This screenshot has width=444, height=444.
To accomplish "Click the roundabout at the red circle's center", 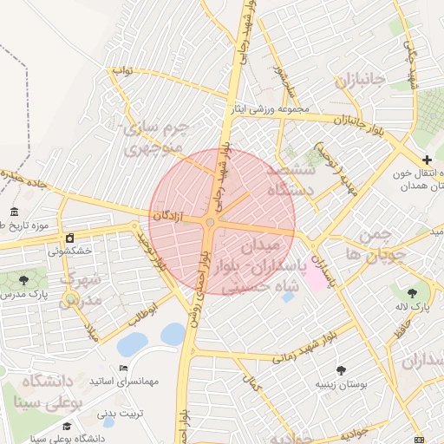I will point(211,225).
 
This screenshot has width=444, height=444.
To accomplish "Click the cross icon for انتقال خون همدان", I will point(426,160).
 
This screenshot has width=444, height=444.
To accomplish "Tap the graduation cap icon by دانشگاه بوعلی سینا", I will point(67,426).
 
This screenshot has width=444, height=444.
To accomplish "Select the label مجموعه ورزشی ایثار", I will point(269,109).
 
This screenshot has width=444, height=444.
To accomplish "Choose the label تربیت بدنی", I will point(119,414).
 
